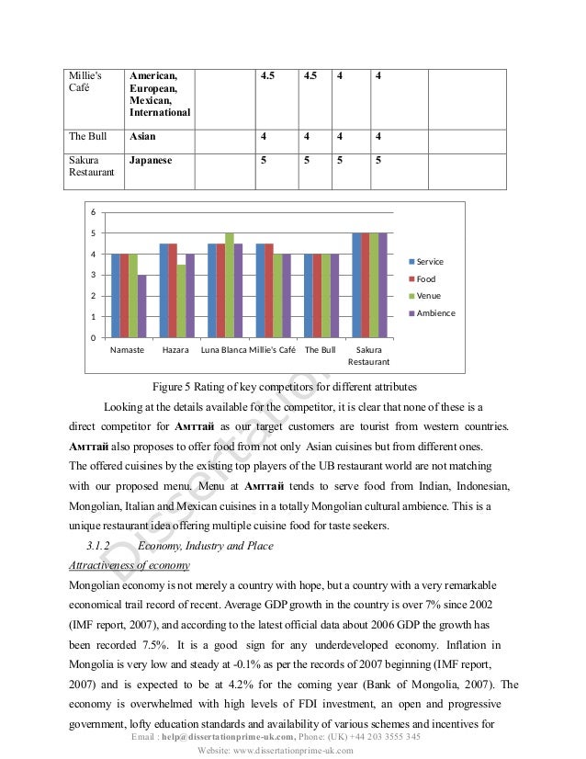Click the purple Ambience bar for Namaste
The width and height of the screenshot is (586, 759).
(141, 306)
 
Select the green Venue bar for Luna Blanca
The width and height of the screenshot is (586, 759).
(230, 286)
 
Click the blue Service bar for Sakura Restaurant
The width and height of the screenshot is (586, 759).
(356, 286)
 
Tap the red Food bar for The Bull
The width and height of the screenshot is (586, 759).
(317, 296)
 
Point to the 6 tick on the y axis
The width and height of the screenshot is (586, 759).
(93, 212)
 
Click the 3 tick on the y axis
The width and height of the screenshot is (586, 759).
(93, 275)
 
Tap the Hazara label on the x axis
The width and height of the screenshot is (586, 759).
(176, 351)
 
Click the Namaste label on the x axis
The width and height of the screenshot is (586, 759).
(128, 351)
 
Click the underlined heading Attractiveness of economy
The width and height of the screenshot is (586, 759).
(130, 564)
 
